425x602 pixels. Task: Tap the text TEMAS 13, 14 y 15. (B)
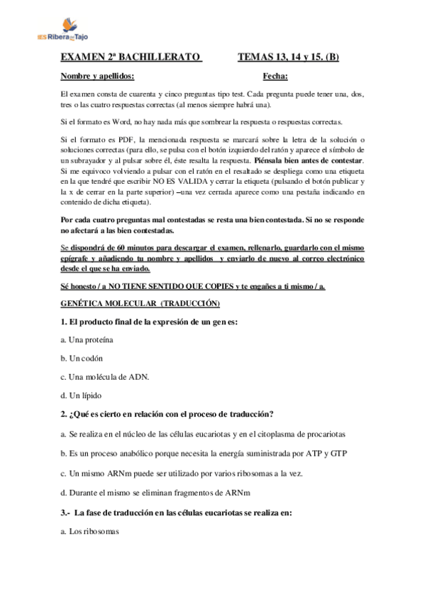pyautogui.click(x=287, y=57)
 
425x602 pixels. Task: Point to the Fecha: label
pyautogui.click(x=275, y=75)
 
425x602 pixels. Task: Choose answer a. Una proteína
pyautogui.click(x=87, y=340)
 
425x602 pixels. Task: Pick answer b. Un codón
pyautogui.click(x=82, y=359)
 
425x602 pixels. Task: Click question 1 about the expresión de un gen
pyautogui.click(x=148, y=322)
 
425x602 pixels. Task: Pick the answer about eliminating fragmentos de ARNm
pyautogui.click(x=160, y=491)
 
